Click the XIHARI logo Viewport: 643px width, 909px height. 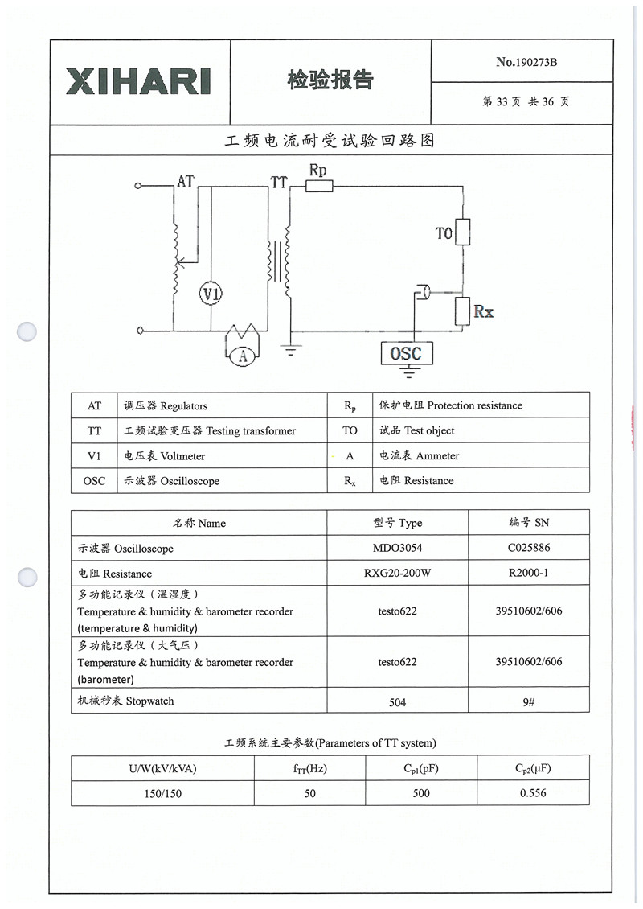[138, 81]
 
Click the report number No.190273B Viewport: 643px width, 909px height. [526, 62]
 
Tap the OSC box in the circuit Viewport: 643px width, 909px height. [405, 353]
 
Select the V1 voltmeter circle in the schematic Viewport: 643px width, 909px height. [211, 295]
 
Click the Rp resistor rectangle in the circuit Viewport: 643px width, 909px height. [319, 187]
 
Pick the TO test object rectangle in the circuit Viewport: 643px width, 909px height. [462, 232]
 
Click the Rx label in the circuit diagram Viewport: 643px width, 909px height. [483, 311]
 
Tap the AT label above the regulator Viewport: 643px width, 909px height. [186, 182]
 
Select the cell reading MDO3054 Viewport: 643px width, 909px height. [397, 548]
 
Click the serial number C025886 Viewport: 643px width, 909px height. [528, 548]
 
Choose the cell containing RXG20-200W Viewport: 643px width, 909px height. [397, 574]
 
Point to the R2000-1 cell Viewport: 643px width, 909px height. [528, 574]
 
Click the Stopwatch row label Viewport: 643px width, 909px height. [125, 701]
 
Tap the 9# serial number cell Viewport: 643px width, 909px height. [528, 702]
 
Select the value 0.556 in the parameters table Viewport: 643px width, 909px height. [533, 793]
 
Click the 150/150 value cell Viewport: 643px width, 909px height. [162, 793]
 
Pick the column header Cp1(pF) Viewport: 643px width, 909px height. [421, 768]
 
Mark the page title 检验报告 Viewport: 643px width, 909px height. [330, 80]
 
